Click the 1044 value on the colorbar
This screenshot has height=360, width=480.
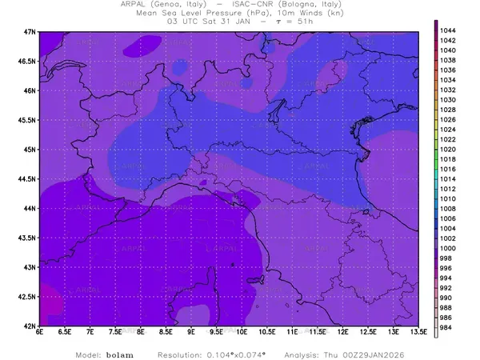coord(448,30)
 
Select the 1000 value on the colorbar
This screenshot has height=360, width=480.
coord(448,248)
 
